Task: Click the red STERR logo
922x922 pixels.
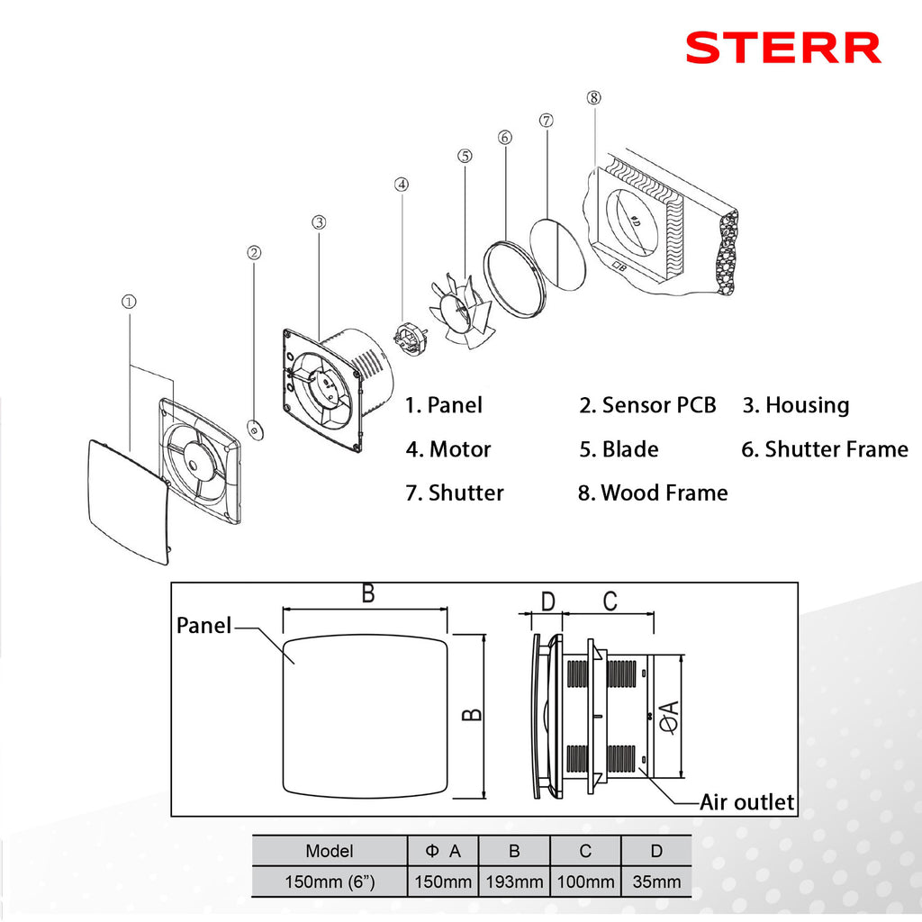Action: pyautogui.click(x=782, y=48)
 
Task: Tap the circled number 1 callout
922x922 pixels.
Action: pyautogui.click(x=129, y=303)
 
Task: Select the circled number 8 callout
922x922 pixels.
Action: pyautogui.click(x=592, y=98)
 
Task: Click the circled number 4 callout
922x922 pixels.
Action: pyautogui.click(x=402, y=185)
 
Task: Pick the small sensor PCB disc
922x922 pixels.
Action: pyautogui.click(x=255, y=429)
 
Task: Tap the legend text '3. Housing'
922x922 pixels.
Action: pyautogui.click(x=795, y=405)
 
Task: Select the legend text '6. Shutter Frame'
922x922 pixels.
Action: pyautogui.click(x=825, y=448)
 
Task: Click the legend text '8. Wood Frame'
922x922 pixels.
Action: pyautogui.click(x=653, y=493)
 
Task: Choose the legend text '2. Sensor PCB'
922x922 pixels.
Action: pyautogui.click(x=647, y=405)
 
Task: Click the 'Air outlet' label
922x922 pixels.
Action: pyautogui.click(x=747, y=801)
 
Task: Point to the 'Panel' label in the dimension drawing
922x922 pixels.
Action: pyautogui.click(x=203, y=625)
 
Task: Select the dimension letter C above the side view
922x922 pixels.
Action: pyautogui.click(x=610, y=601)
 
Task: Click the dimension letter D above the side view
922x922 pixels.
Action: pyautogui.click(x=548, y=601)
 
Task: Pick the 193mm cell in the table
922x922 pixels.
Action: pyautogui.click(x=513, y=881)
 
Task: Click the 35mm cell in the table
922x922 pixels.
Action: pyautogui.click(x=656, y=881)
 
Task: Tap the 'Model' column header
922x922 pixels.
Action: pyautogui.click(x=330, y=850)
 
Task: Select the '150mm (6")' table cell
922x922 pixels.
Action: pyautogui.click(x=330, y=881)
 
